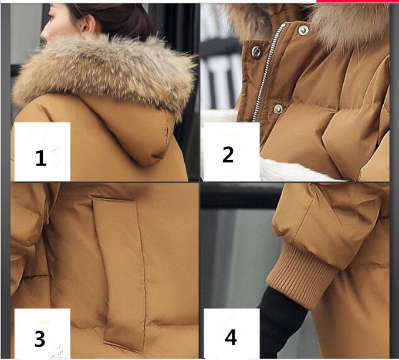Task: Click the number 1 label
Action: click(41, 158)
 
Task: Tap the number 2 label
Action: click(228, 154)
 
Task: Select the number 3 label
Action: click(40, 339)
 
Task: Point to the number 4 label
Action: click(231, 337)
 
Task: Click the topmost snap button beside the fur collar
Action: click(303, 31)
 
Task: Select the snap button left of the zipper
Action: click(256, 52)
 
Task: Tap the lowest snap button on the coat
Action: click(278, 109)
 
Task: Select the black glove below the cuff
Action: click(282, 321)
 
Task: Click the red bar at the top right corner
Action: click(357, 1)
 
